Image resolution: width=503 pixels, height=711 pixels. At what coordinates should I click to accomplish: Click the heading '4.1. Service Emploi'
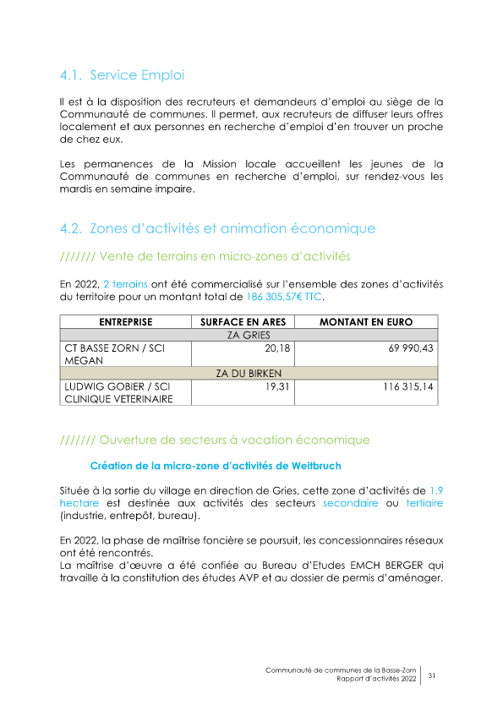122,75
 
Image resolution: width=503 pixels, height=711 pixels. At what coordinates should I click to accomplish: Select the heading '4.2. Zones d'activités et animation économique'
217,228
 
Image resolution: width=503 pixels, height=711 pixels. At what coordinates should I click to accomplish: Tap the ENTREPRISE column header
125,322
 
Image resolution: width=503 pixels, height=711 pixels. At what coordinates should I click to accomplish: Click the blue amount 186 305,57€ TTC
285,298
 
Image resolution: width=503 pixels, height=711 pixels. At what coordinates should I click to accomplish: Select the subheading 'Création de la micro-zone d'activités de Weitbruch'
216,466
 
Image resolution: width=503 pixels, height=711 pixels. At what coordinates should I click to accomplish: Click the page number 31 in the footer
431,675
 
